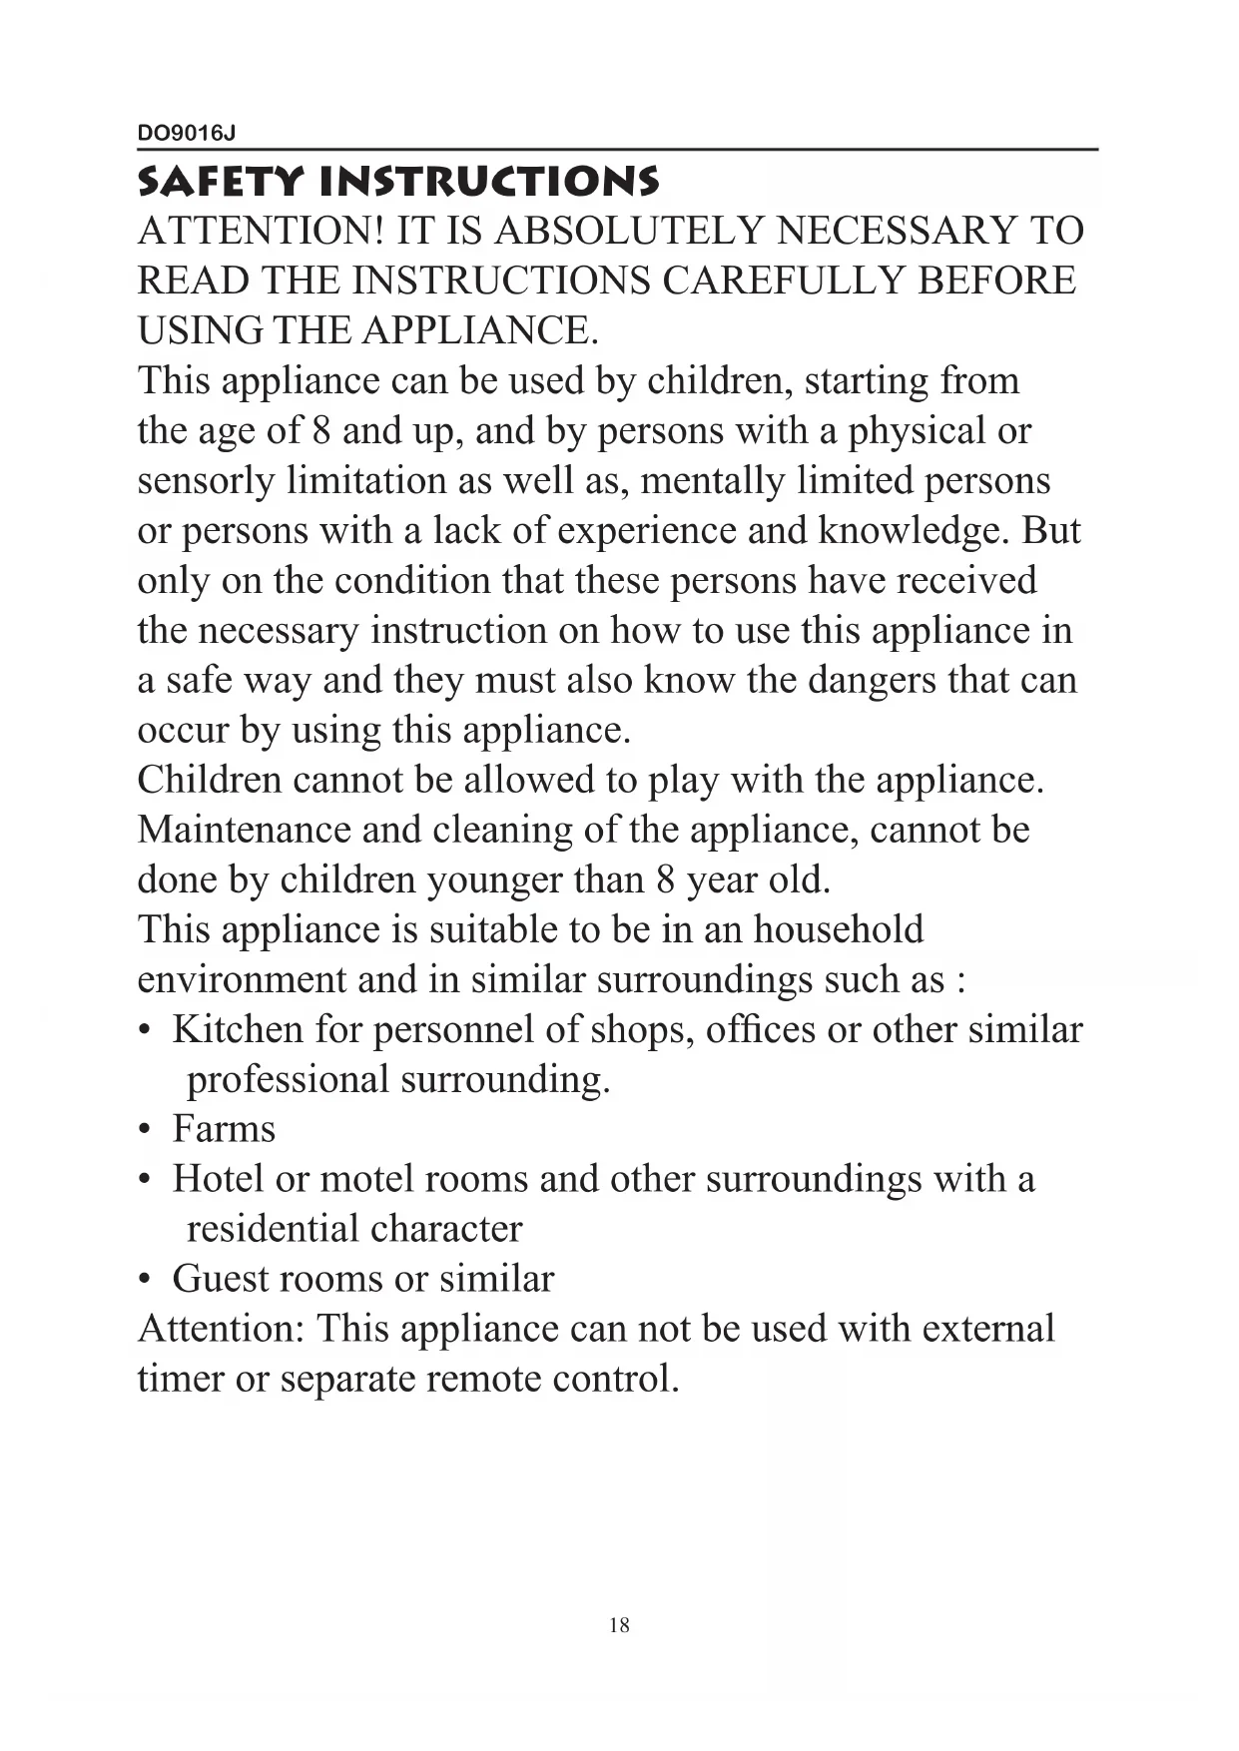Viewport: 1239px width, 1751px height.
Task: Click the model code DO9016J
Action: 187,133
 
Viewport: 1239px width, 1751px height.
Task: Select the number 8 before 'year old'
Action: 666,879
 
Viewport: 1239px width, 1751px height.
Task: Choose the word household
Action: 838,929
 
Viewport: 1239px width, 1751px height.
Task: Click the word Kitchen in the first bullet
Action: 238,1029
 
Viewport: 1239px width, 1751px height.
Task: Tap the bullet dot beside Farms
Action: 146,1130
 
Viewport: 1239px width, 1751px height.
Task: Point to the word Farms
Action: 224,1129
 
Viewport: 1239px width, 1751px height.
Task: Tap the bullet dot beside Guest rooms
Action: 146,1280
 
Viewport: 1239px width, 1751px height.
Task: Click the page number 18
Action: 619,1625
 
